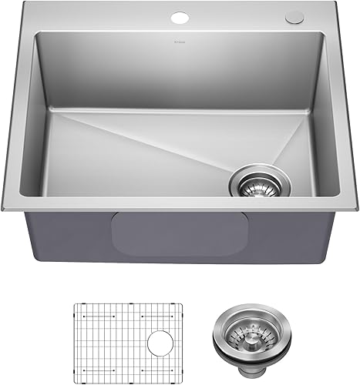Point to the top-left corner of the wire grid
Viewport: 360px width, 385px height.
tap(74, 306)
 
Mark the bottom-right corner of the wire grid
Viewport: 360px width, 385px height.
tap(183, 371)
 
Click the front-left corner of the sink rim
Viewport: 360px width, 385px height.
tap(5, 209)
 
